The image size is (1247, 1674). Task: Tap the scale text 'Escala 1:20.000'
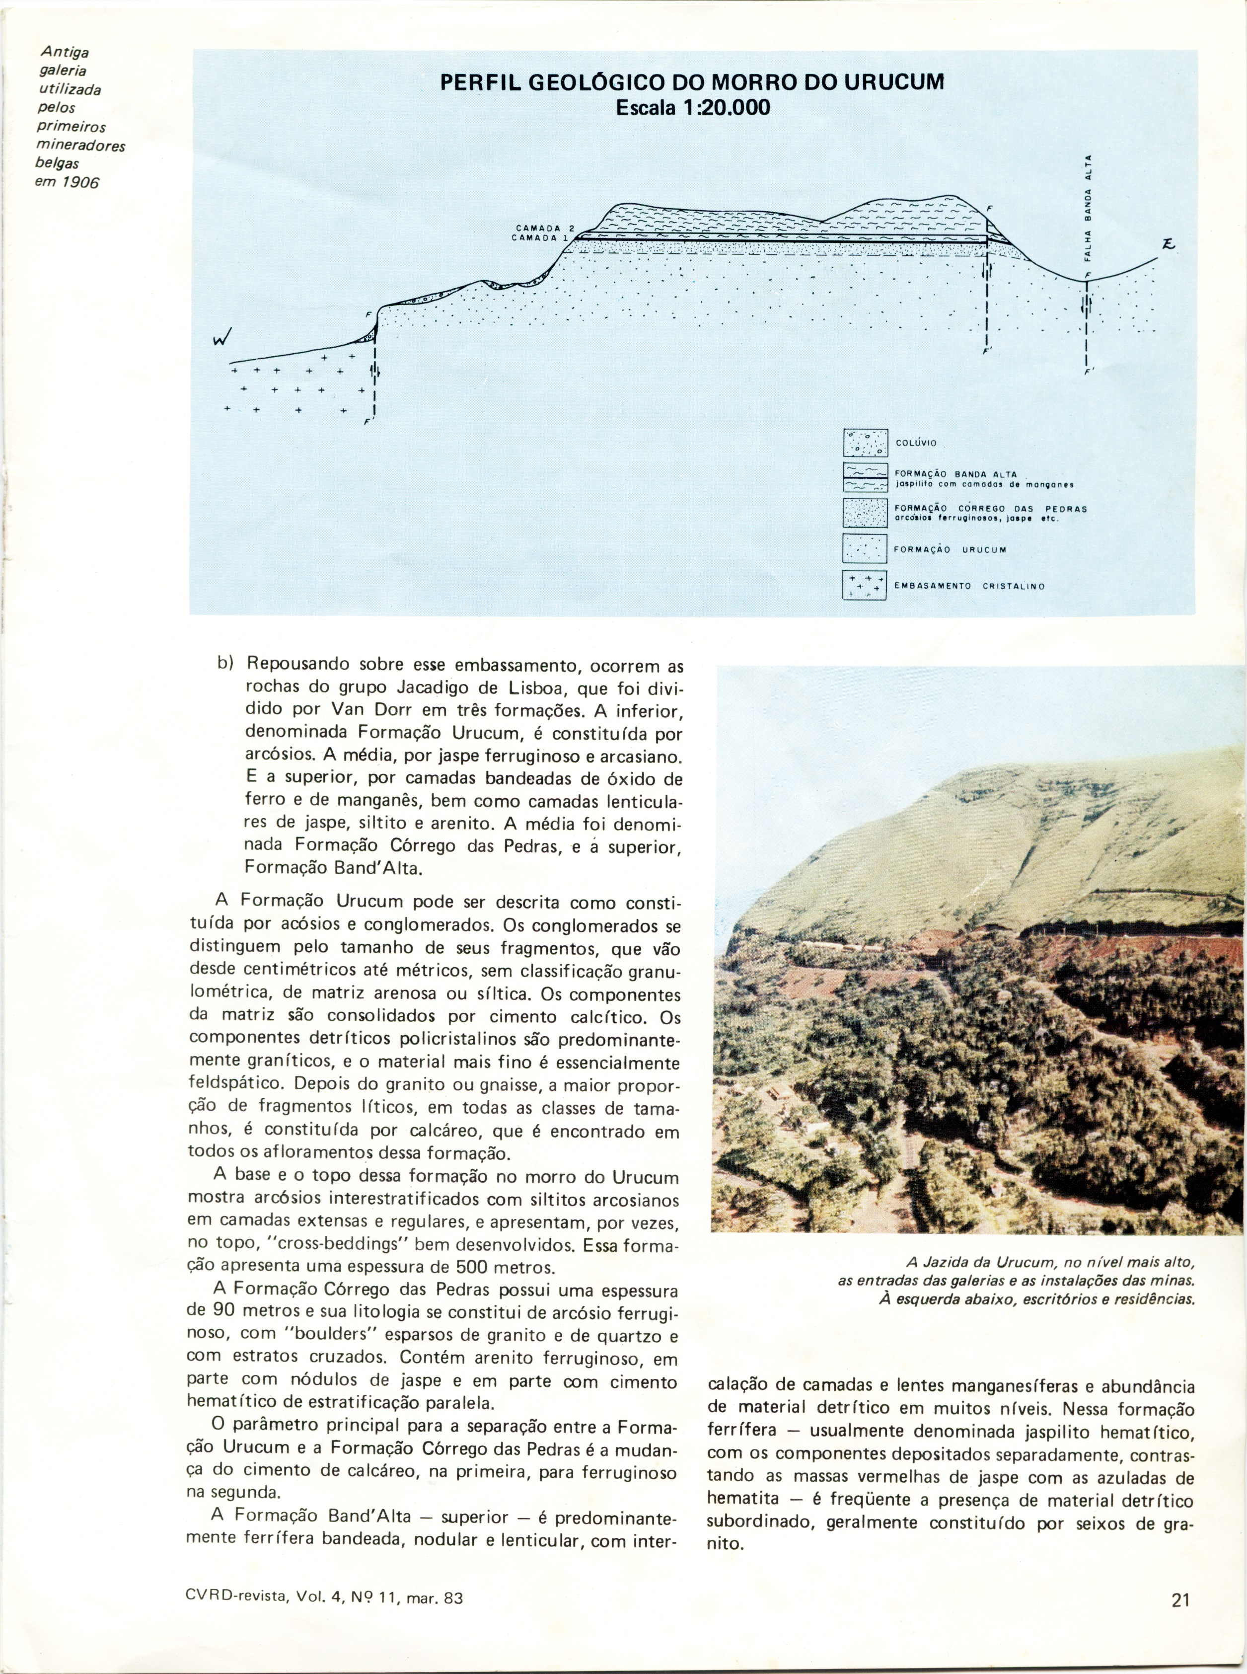pos(692,108)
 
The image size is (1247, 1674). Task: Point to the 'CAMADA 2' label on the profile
pos(545,228)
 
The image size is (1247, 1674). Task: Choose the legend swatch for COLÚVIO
pos(864,443)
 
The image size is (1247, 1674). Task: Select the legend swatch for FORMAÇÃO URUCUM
pos(864,549)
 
